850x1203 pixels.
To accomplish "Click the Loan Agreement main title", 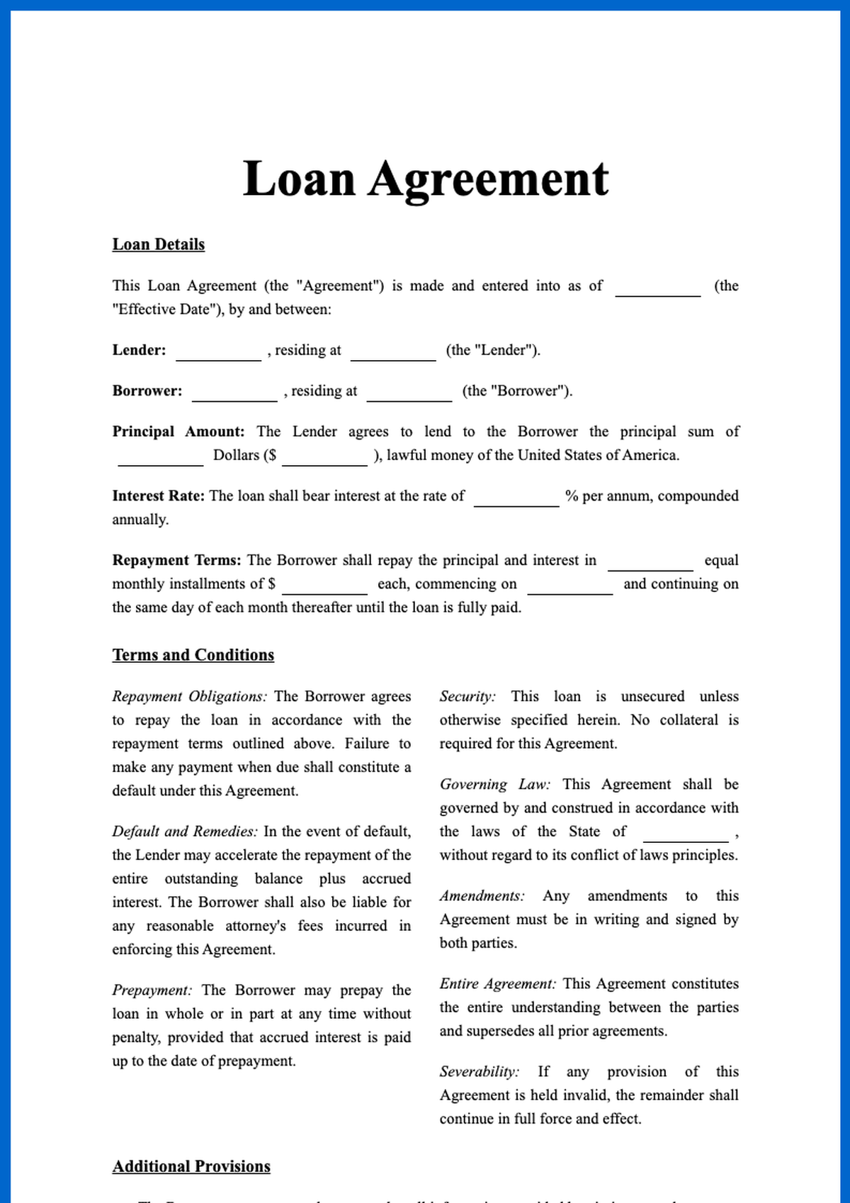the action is pos(425,179).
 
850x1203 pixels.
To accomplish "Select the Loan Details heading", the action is pos(158,245).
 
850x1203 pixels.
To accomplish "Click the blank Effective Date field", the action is pos(657,288).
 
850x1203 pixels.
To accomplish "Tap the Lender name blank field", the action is pos(218,352).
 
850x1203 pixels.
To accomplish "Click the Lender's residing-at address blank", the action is pos(393,352).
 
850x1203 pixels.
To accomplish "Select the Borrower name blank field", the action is pos(234,393).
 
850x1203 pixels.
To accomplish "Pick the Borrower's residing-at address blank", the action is pos(409,393).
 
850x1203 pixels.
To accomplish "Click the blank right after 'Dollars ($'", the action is pos(324,457).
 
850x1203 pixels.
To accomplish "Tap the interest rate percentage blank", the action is pos(516,498).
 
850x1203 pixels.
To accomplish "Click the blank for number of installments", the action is pos(650,562).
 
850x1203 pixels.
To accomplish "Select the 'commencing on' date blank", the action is pos(570,586).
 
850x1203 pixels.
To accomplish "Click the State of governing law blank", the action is pos(686,834).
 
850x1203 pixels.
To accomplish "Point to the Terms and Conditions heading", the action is pos(193,655).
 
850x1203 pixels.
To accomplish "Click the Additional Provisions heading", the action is pos(191,1167).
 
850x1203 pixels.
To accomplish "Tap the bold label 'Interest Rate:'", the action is pos(158,496).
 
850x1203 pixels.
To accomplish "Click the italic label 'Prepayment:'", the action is pos(152,990).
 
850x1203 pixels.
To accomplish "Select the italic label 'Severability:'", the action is pos(479,1072).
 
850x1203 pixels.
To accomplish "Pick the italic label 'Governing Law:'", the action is pos(494,785).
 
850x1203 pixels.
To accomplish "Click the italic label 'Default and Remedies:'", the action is pos(185,832).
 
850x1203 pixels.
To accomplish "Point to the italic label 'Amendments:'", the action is pos(482,896).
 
